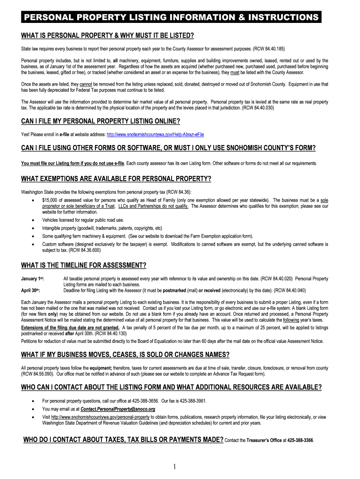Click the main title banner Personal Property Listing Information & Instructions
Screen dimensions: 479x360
click(x=171, y=18)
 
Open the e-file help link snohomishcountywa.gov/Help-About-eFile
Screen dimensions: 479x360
click(x=156, y=135)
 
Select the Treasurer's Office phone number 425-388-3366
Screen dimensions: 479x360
click(x=301, y=441)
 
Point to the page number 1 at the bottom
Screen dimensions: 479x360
click(x=174, y=466)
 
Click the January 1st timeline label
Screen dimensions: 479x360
click(x=32, y=279)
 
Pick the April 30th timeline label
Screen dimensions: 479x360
click(x=32, y=290)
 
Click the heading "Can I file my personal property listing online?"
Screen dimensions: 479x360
click(x=101, y=122)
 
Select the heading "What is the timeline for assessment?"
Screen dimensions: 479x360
click(x=84, y=266)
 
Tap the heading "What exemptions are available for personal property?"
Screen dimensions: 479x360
click(x=116, y=179)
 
